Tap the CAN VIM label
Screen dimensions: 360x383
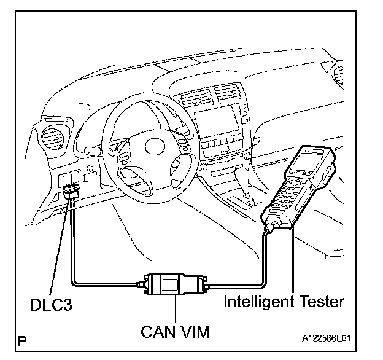(176, 332)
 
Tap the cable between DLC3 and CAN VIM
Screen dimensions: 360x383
(92, 283)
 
